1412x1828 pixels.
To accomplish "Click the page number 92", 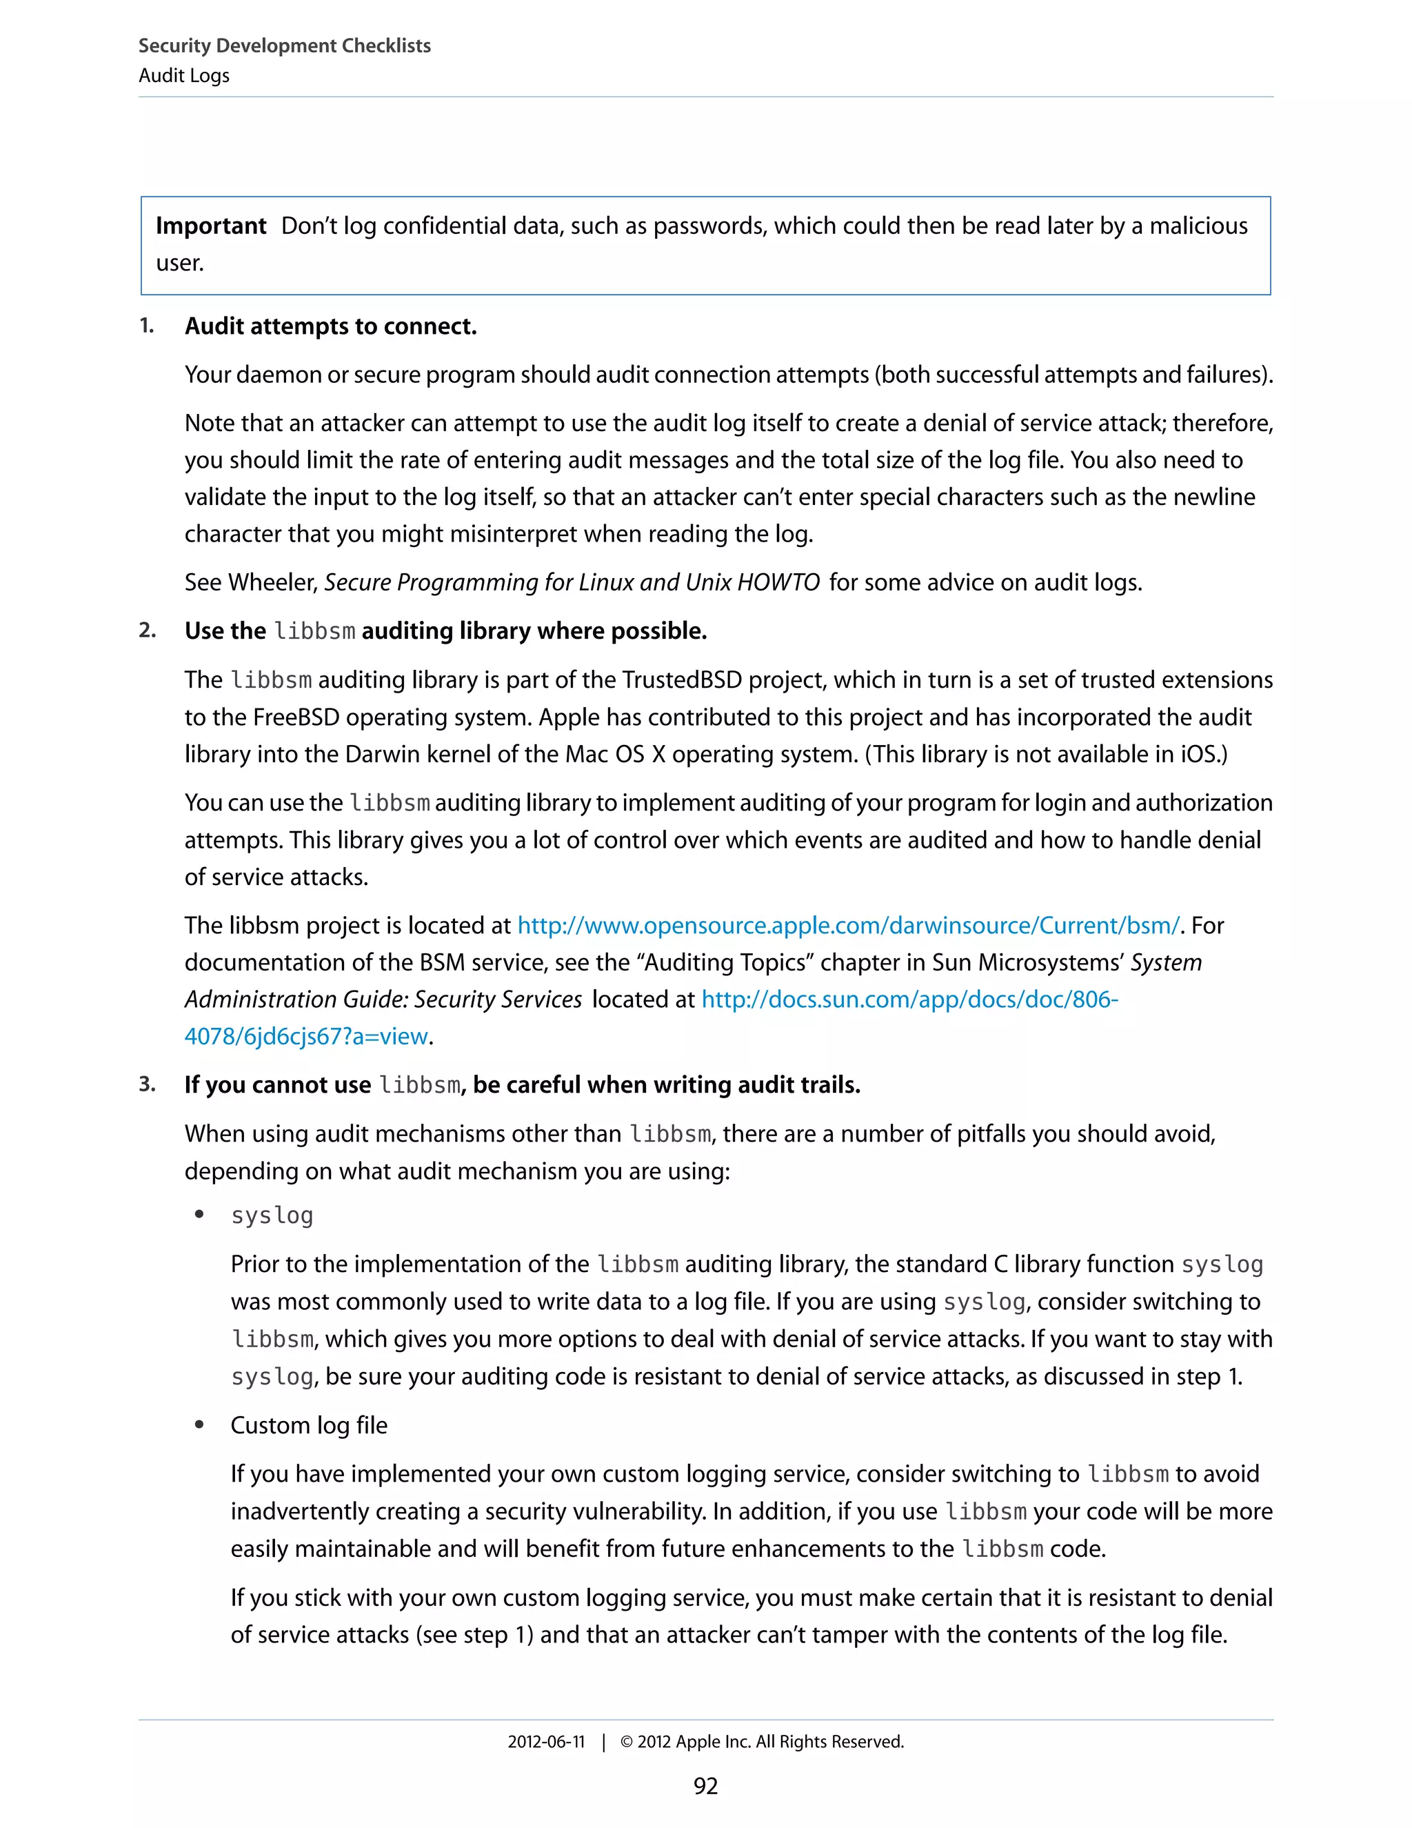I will pyautogui.click(x=705, y=1786).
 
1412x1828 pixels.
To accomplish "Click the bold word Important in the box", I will pyautogui.click(x=211, y=226).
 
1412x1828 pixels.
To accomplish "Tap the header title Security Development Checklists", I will pyautogui.click(x=285, y=46).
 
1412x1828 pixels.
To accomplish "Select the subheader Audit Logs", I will pyautogui.click(x=184, y=75).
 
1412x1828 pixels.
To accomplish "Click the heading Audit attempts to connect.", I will pyautogui.click(x=330, y=326).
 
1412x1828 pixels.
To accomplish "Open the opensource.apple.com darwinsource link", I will pyautogui.click(x=847, y=926).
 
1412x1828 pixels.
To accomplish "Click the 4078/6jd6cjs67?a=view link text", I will pyautogui.click(x=306, y=1036).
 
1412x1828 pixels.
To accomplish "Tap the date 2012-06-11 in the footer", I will pyautogui.click(x=545, y=1742).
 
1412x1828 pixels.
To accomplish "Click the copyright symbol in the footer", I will pyautogui.click(x=627, y=1742).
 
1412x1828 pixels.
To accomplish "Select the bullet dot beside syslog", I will pyautogui.click(x=199, y=1215).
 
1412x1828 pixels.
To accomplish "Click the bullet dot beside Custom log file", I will pyautogui.click(x=199, y=1424).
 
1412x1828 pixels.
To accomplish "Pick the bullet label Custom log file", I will pyautogui.click(x=309, y=1425).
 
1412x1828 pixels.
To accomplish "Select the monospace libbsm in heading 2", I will pyautogui.click(x=314, y=631).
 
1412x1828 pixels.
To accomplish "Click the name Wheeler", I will pyautogui.click(x=273, y=583).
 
